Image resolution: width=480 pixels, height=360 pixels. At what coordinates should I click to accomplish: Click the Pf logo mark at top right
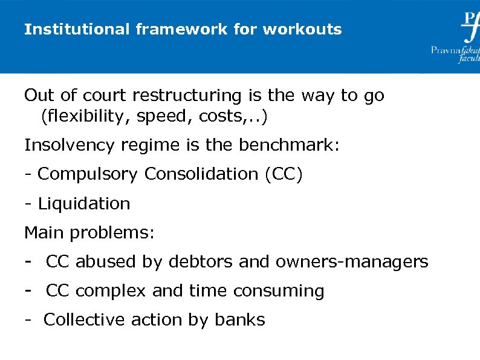(x=470, y=25)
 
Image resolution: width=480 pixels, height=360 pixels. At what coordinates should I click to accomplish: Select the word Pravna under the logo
(x=445, y=50)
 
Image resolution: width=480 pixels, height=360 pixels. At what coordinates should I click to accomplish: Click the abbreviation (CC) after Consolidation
(x=284, y=174)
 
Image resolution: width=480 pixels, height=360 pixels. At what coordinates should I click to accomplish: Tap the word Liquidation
(x=84, y=203)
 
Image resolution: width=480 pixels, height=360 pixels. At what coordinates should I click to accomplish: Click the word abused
(x=106, y=262)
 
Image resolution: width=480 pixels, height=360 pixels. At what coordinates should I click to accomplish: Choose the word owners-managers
(x=351, y=262)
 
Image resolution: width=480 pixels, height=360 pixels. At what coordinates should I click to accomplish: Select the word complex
(x=111, y=291)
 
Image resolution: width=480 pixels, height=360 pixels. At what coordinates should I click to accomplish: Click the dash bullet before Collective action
(x=28, y=319)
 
